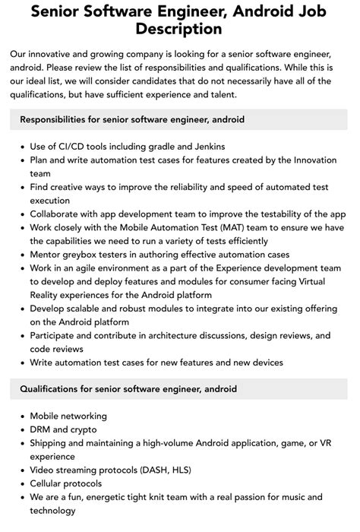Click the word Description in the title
coord(180,29)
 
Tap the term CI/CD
coord(78,146)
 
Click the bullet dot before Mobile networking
coord(20,416)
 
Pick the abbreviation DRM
coord(43,430)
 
